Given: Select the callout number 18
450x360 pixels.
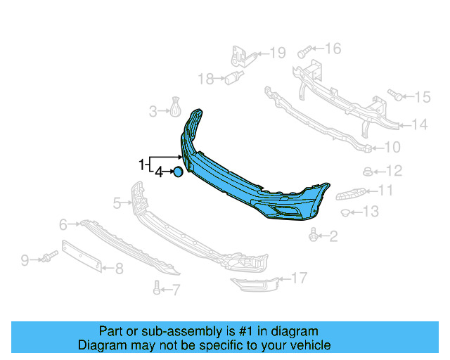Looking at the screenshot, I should coord(205,79).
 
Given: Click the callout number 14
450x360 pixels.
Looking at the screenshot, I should coord(419,125).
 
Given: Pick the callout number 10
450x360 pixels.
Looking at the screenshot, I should coord(392,148).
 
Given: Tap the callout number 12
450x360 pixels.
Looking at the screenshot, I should coord(394,170).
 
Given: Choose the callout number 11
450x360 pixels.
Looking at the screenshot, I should coord(385,190).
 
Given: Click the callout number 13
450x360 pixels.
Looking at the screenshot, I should coord(370,211).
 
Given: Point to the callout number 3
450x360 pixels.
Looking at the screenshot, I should coord(153,110).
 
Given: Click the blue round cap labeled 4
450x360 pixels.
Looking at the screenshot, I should coord(179,171).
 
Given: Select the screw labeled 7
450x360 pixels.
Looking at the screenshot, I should coord(156,287).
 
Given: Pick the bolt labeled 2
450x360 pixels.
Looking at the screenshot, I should coord(312,235).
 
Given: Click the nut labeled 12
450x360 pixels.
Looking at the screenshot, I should coord(367,170).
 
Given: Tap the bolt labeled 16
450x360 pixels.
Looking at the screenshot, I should coord(303,51).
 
